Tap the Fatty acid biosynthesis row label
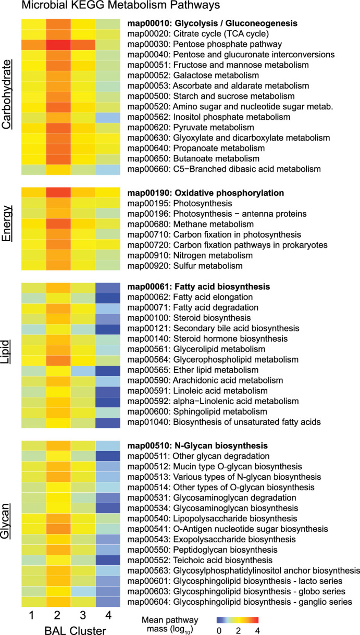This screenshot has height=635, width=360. [200, 287]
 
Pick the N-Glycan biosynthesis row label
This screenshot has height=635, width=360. [198, 446]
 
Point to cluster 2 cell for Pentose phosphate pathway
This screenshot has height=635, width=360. [57, 45]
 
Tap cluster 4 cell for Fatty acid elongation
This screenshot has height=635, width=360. [108, 297]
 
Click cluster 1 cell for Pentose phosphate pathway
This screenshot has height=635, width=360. [32, 45]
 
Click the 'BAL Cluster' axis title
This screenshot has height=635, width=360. [70, 628]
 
